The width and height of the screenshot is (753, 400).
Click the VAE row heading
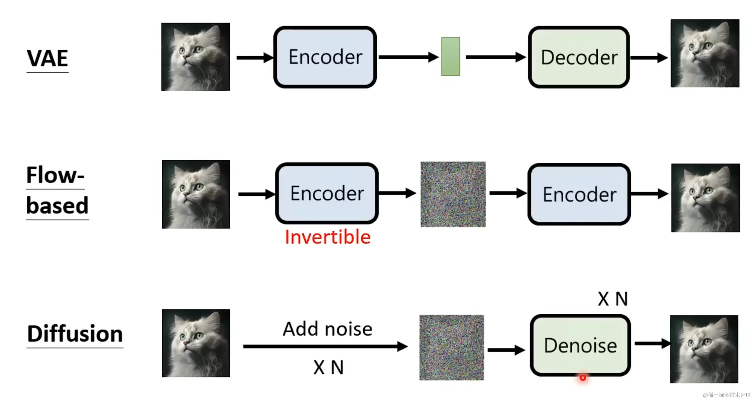tap(47, 58)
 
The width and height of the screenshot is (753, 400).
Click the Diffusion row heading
tap(75, 334)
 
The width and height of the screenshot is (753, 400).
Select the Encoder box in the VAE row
tap(325, 57)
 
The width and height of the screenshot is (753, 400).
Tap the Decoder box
tap(579, 57)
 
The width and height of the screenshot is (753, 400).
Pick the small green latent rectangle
tap(450, 57)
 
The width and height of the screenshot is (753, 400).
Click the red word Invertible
tap(328, 237)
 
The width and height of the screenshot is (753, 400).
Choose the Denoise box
tap(580, 345)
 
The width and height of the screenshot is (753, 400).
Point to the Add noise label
tap(328, 329)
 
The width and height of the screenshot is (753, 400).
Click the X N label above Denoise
tap(612, 299)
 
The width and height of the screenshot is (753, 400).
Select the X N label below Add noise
tap(328, 368)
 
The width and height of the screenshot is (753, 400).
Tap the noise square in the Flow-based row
tap(453, 194)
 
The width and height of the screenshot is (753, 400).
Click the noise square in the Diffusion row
tap(452, 348)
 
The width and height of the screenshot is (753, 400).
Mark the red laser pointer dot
tap(583, 378)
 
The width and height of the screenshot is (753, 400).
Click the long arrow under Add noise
tap(325, 346)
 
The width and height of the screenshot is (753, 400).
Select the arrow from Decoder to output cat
tap(649, 58)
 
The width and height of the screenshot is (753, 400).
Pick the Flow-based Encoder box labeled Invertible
tap(327, 193)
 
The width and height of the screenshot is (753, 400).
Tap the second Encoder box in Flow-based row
tap(579, 194)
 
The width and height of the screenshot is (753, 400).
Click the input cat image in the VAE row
tap(196, 57)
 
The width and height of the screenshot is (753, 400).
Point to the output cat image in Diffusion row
tap(704, 349)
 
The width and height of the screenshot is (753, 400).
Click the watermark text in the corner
tap(727, 395)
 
